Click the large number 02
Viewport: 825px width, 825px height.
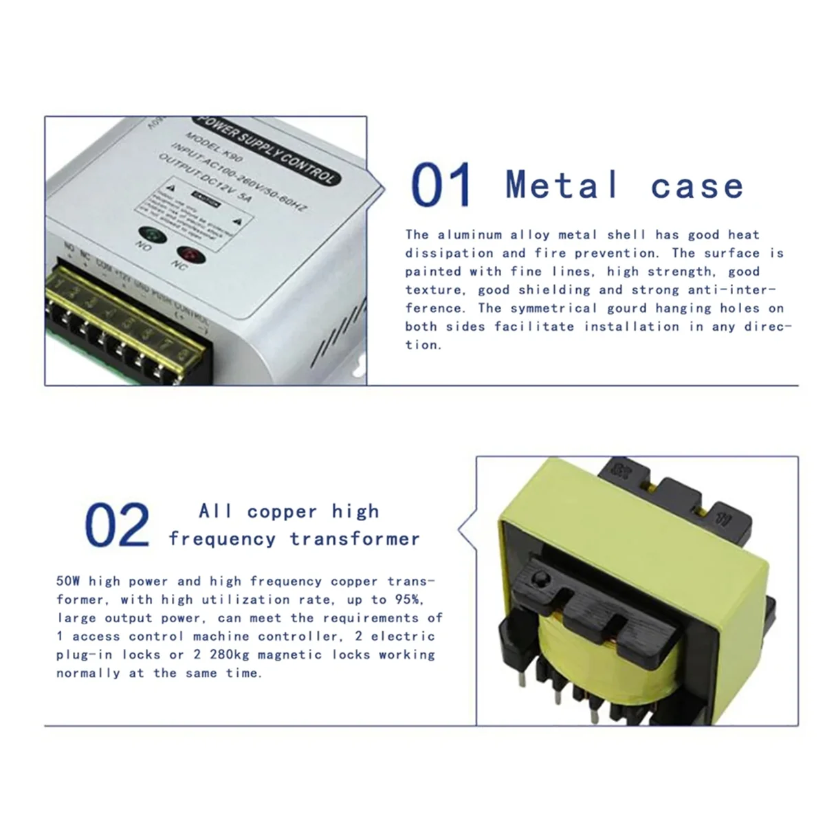tap(117, 525)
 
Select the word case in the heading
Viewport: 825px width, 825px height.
tap(696, 186)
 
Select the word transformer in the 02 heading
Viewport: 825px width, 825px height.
tap(355, 538)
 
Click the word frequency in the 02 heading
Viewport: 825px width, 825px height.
tap(221, 538)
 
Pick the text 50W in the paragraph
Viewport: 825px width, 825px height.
tap(68, 581)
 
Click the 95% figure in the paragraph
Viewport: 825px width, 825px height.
tap(409, 599)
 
